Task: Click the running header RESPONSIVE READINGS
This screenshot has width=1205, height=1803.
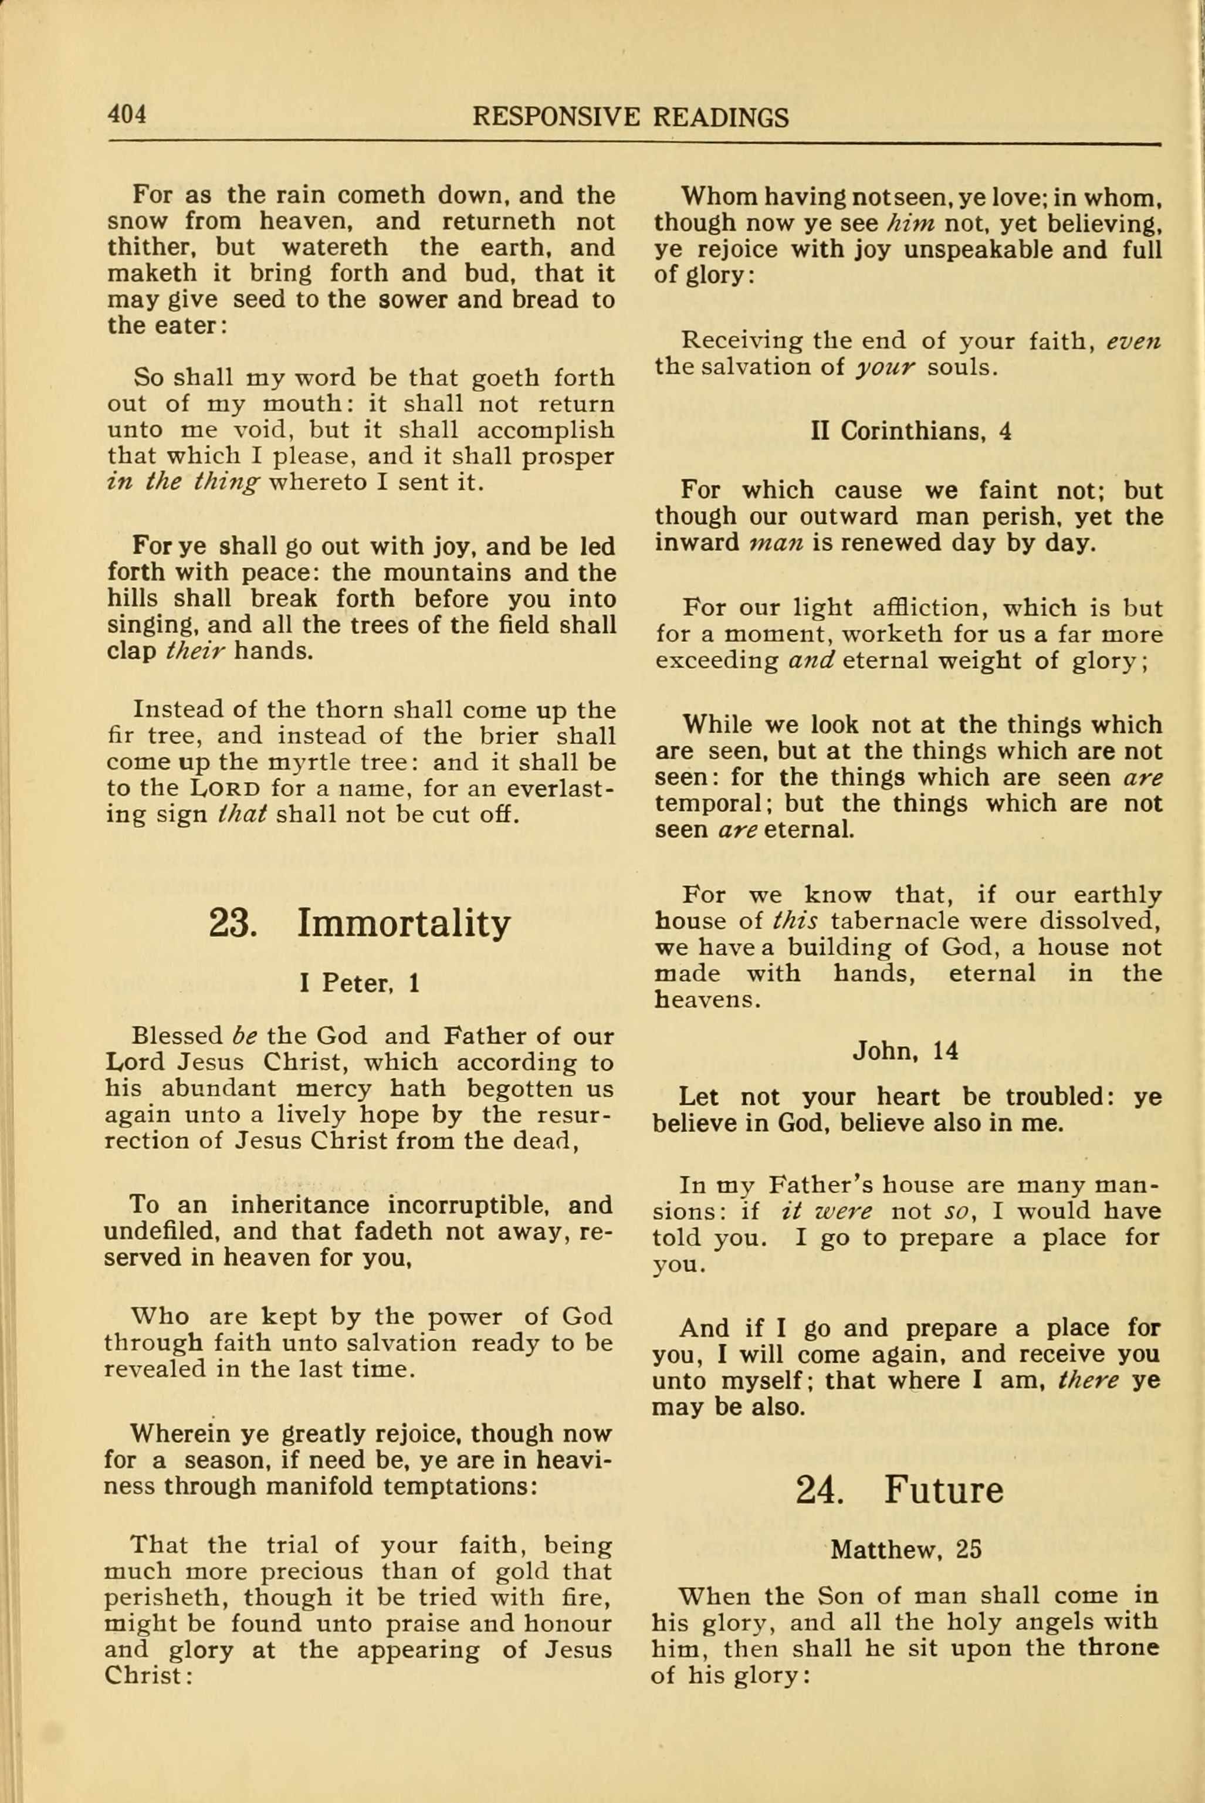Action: [x=630, y=117]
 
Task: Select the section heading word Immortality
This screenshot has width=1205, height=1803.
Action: [x=404, y=924]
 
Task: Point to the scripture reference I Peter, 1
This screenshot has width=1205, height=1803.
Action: [x=360, y=983]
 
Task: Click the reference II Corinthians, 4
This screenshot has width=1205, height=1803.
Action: [x=910, y=431]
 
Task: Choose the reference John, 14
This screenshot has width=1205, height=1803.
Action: [x=905, y=1051]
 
